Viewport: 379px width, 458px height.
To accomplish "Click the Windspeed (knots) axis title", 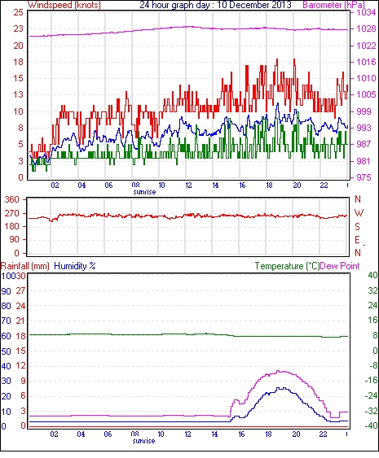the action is (64, 5).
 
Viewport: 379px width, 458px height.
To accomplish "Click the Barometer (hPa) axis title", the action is (334, 5).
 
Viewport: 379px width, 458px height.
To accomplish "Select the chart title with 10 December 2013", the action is (215, 5).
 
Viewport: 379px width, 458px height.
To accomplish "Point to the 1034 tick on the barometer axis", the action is (366, 12).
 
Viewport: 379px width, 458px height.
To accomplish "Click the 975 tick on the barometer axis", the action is (364, 177).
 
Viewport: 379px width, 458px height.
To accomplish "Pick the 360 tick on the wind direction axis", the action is (12, 200).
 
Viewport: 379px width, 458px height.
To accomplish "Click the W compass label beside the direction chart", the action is (359, 212).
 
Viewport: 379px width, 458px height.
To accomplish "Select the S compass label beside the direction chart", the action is (357, 226).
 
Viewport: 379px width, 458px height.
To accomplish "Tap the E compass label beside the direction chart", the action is (357, 240).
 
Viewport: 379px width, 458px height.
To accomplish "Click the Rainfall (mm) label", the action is (25, 266).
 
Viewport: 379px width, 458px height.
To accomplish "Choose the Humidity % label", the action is (75, 266).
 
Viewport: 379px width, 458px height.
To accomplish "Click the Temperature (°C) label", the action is (287, 266).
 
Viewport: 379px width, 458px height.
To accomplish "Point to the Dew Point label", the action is (340, 266).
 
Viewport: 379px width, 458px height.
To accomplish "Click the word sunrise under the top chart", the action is (144, 192).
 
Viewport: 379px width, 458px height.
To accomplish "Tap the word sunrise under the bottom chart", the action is (143, 441).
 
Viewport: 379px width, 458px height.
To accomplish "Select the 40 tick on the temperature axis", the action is (372, 275).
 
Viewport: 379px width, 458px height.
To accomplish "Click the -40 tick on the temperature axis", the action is (371, 426).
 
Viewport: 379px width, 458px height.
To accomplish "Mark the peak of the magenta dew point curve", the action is (278, 371).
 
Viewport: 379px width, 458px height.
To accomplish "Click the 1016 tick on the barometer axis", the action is (366, 62).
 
